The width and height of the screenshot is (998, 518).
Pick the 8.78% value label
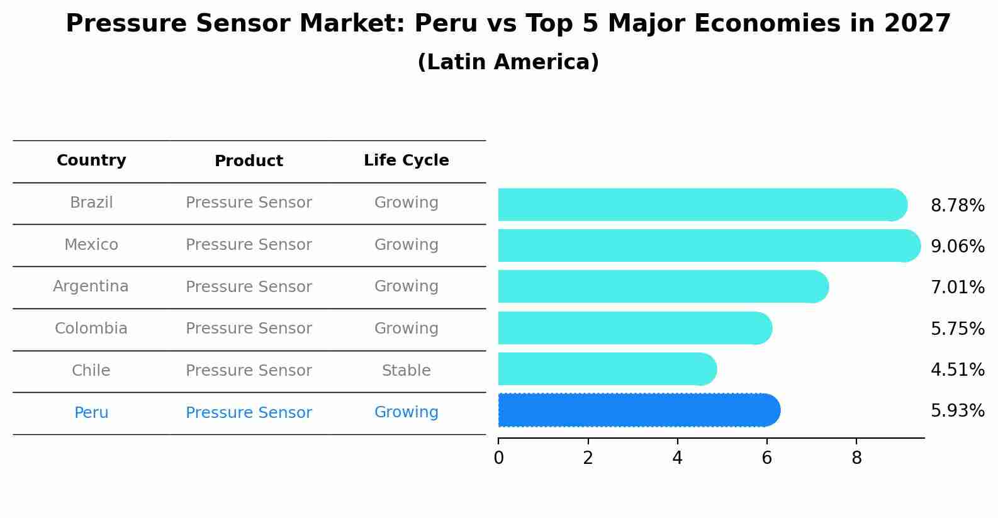pyautogui.click(x=957, y=206)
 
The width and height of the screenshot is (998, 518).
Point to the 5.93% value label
pyautogui.click(x=957, y=411)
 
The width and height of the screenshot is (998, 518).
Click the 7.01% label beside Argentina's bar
pyautogui.click(x=957, y=288)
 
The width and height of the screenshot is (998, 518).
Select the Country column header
pyautogui.click(x=91, y=160)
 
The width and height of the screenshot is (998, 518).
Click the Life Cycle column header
pyautogui.click(x=406, y=160)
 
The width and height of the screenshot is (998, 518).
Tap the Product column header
pyautogui.click(x=249, y=161)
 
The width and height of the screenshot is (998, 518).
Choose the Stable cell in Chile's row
pyautogui.click(x=406, y=371)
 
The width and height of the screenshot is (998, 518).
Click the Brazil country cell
pyautogui.click(x=91, y=203)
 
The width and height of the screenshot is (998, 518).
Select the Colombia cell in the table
pyautogui.click(x=91, y=329)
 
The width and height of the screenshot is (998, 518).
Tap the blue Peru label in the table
pyautogui.click(x=91, y=413)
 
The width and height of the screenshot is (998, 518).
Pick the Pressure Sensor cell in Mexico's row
pyautogui.click(x=249, y=245)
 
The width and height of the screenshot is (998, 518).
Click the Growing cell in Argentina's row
pyautogui.click(x=406, y=286)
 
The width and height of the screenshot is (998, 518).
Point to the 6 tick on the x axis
pyautogui.click(x=766, y=458)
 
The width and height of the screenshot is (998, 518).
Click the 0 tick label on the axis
pyautogui.click(x=498, y=458)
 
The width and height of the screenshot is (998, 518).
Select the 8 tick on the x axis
pyautogui.click(x=856, y=458)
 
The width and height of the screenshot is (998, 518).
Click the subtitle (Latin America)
pyautogui.click(x=508, y=62)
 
